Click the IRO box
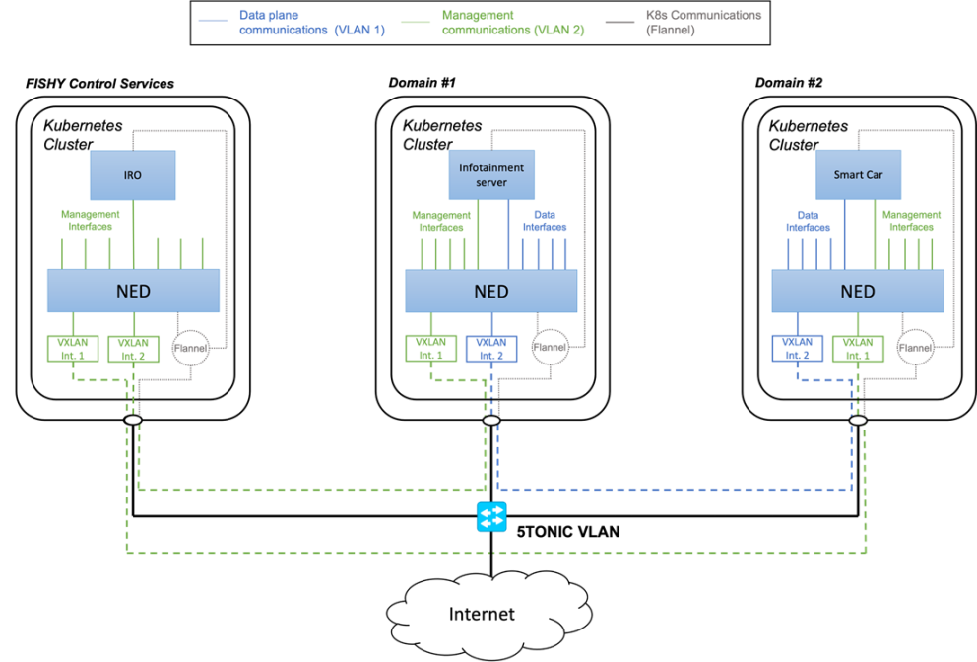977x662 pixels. pyautogui.click(x=132, y=174)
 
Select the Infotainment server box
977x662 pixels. pyautogui.click(x=491, y=174)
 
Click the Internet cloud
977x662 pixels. pyautogui.click(x=483, y=614)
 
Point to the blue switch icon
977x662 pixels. pyautogui.click(x=490, y=517)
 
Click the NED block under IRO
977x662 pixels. pyautogui.click(x=133, y=292)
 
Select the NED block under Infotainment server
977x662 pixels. pyautogui.click(x=491, y=292)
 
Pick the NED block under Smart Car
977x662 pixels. pyautogui.click(x=857, y=292)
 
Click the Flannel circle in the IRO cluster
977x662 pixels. pyautogui.click(x=190, y=347)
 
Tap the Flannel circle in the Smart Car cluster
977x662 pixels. pyautogui.click(x=915, y=347)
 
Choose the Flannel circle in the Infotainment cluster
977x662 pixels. pyautogui.click(x=550, y=347)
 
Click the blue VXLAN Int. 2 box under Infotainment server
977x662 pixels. pyautogui.click(x=490, y=348)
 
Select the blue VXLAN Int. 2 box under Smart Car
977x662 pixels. pyautogui.click(x=797, y=348)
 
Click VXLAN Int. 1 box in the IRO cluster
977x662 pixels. pyautogui.click(x=72, y=348)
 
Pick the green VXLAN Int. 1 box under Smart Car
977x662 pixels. pyautogui.click(x=858, y=348)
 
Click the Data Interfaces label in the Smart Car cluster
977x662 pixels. pyautogui.click(x=808, y=221)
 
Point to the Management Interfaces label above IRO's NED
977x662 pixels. pyautogui.click(x=90, y=220)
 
